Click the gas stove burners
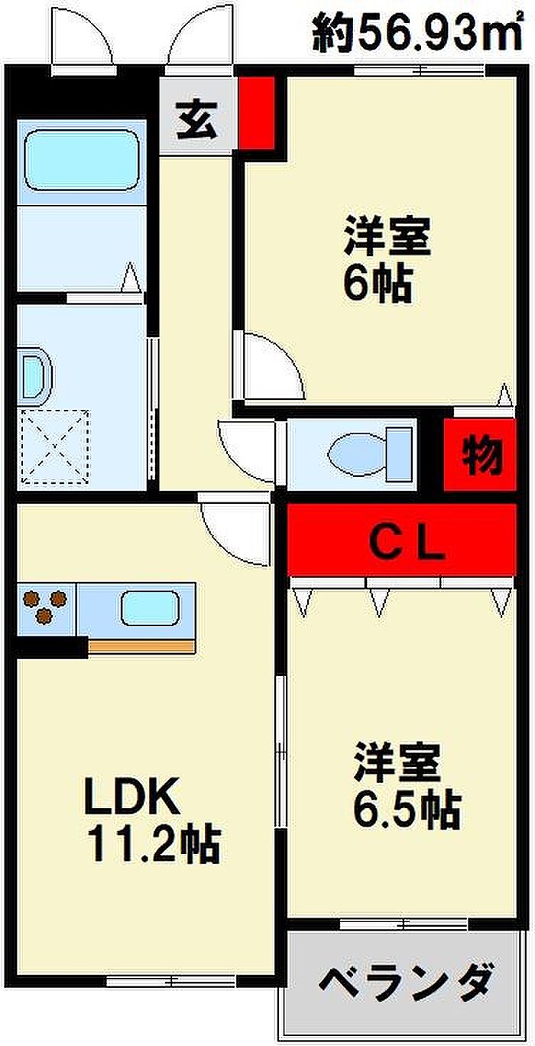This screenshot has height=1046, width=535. (44, 606)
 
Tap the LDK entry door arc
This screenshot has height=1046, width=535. (237, 528)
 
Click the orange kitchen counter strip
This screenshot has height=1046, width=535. (141, 647)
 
